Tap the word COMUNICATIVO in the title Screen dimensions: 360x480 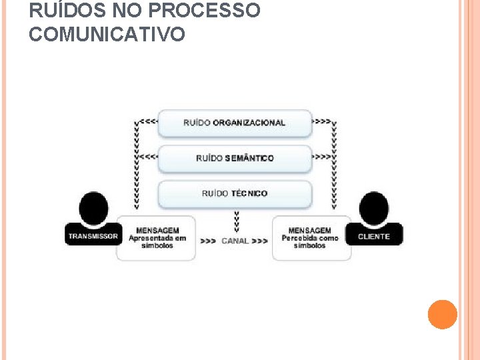[107, 35]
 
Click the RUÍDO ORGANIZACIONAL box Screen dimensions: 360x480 [235, 123]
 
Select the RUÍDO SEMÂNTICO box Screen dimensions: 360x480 [235, 159]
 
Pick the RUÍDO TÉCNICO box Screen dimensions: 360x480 [235, 194]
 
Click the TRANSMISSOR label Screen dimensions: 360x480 [93, 237]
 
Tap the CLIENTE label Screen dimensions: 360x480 [374, 237]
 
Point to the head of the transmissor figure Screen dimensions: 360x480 [93, 209]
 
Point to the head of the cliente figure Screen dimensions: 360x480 [374, 209]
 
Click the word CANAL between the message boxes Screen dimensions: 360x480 [235, 241]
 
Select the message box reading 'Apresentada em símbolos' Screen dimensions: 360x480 [157, 238]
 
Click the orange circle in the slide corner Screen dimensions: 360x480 [443, 314]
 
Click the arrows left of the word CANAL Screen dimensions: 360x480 [208, 241]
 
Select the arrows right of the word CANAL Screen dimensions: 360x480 [261, 241]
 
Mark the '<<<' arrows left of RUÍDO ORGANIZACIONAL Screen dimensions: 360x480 [149, 123]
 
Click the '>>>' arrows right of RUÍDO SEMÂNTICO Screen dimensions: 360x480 [321, 158]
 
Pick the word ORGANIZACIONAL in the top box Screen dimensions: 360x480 [249, 123]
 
